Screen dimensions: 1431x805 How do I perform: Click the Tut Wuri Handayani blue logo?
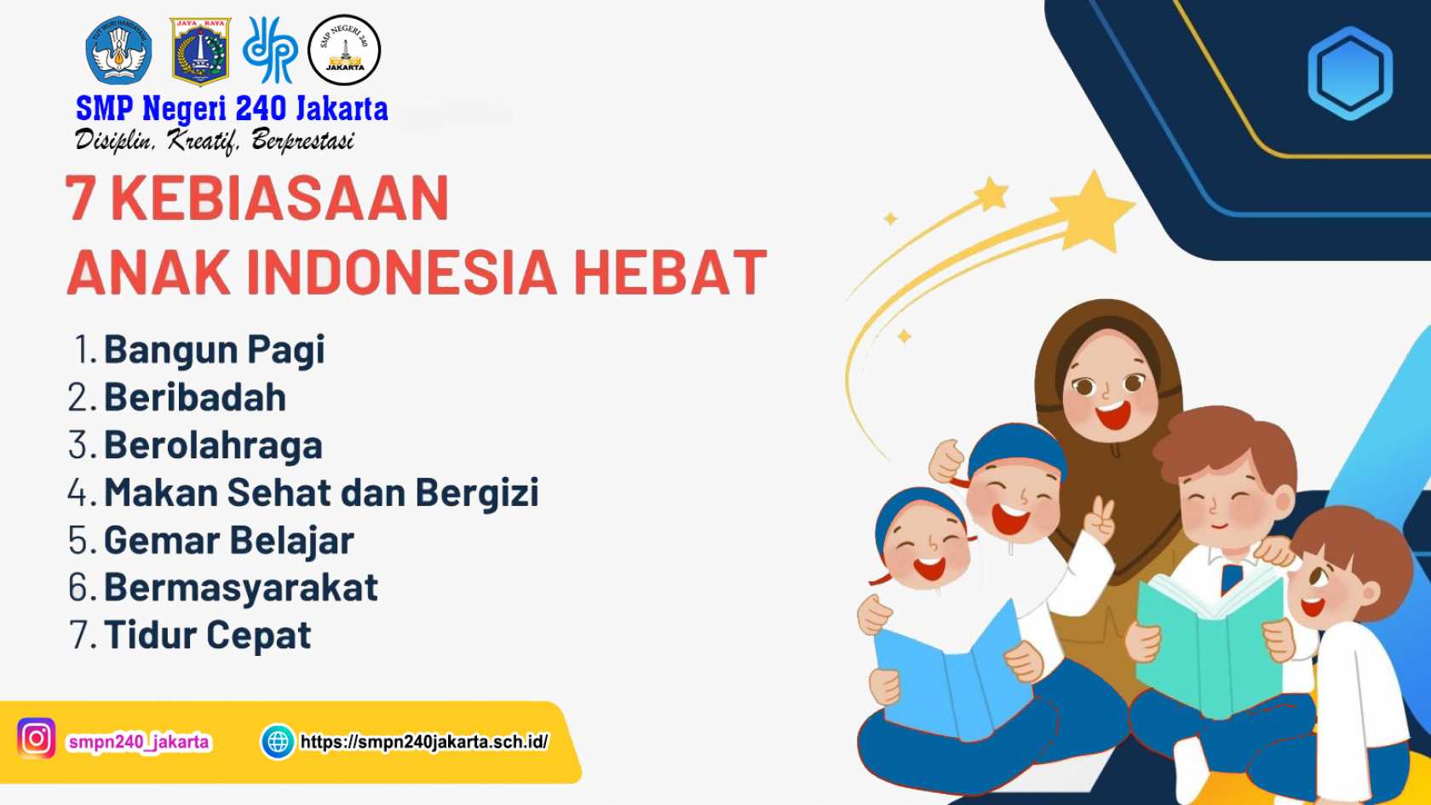pos(119,50)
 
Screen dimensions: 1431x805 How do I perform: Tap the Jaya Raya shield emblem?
pos(200,51)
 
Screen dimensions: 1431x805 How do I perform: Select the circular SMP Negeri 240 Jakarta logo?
pos(344,49)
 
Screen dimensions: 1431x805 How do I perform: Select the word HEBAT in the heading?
pos(670,273)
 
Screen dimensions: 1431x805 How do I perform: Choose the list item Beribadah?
pos(195,397)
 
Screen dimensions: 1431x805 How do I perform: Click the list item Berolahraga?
pos(213,446)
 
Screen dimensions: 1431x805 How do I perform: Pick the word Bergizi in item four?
pos(477,492)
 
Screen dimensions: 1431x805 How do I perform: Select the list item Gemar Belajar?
pos(228,540)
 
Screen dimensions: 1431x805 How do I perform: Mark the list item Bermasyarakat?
pos(241,588)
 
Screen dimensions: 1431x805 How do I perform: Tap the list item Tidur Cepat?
pos(208,635)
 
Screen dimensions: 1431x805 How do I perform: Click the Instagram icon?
pos(37,738)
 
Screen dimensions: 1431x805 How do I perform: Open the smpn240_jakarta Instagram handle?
pos(139,742)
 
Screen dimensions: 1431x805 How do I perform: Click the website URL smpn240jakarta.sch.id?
pos(424,742)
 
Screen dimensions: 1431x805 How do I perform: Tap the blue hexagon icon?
pos(1350,73)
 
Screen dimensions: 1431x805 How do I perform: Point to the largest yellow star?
pos(1091,212)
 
